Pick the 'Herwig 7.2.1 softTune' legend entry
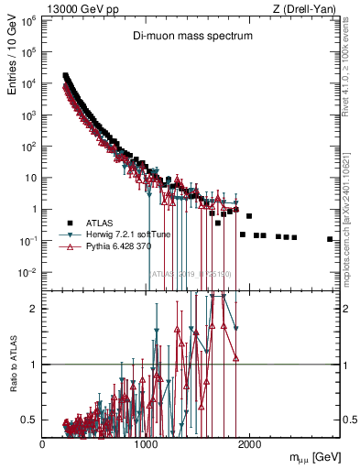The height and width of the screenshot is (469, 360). pyautogui.click(x=124, y=235)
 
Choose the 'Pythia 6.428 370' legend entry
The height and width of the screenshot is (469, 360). pyautogui.click(x=120, y=248)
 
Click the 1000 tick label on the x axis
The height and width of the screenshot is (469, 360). pyautogui.click(x=147, y=443)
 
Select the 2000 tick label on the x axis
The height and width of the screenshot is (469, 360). pyautogui.click(x=249, y=443)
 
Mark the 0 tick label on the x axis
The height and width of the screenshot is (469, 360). pyautogui.click(x=43, y=443)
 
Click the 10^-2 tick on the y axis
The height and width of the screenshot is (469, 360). pyautogui.click(x=27, y=272)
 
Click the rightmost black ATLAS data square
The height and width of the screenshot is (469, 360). pyautogui.click(x=330, y=239)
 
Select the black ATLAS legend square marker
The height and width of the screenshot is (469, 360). pyautogui.click(x=70, y=223)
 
